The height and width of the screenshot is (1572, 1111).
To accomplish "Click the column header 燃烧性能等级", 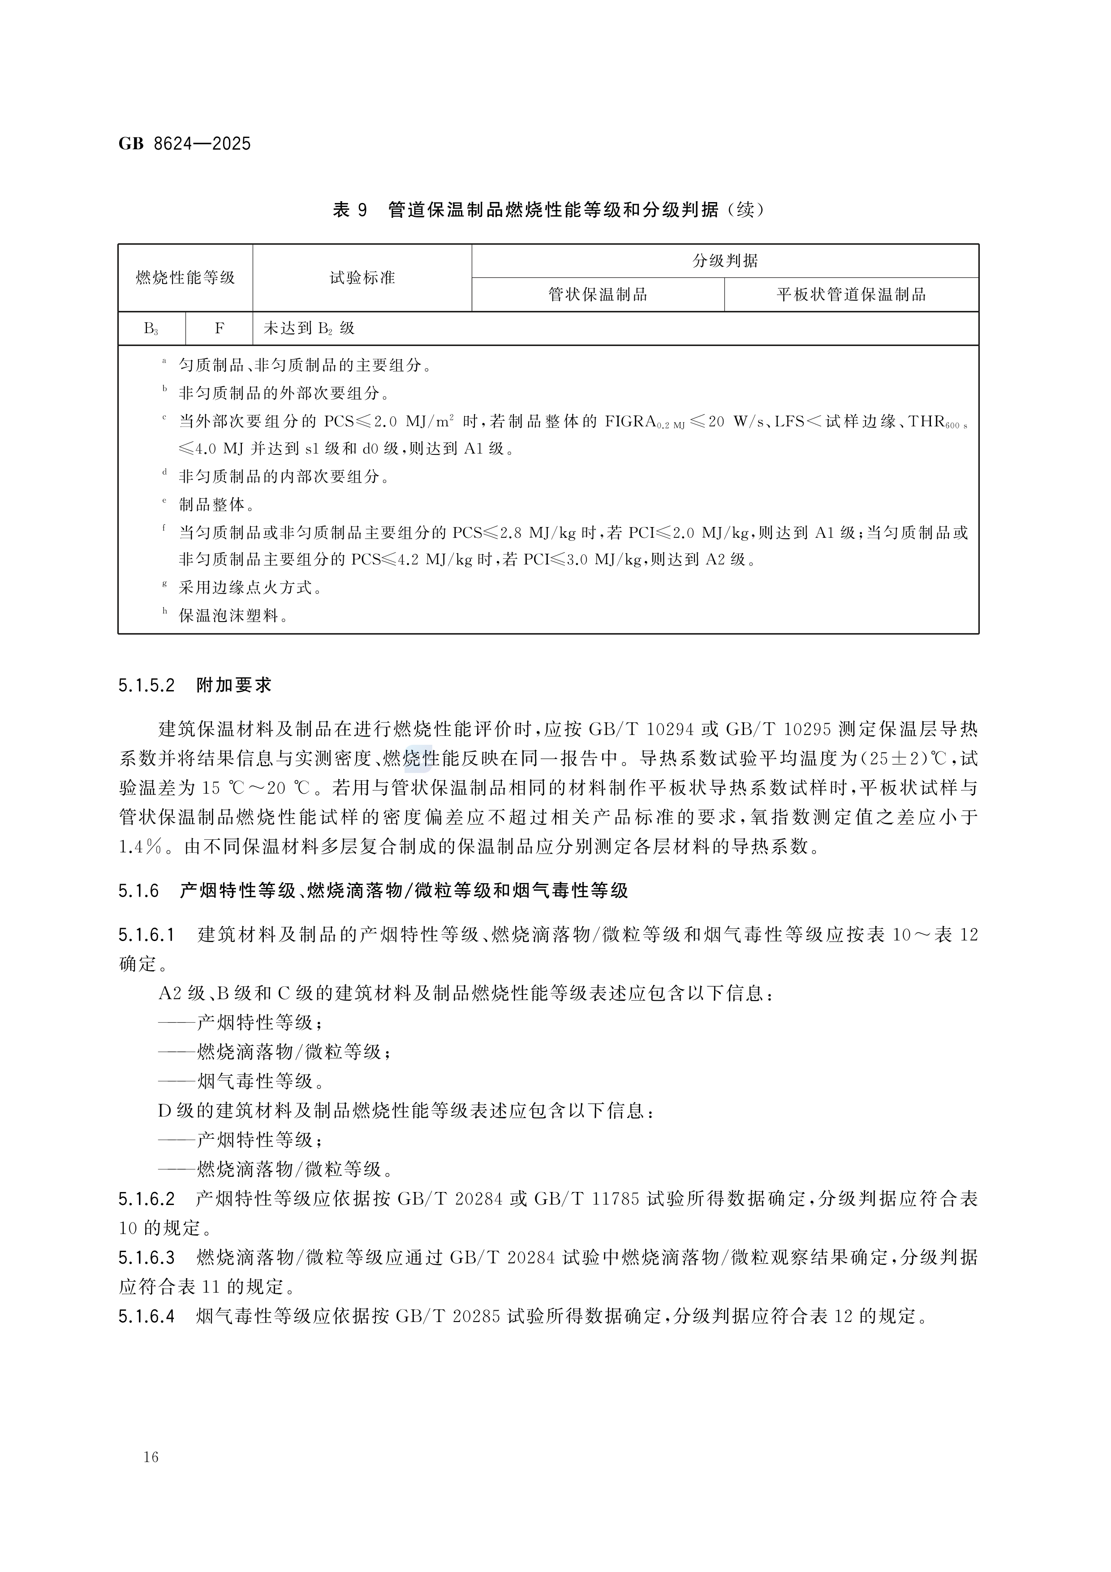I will click(x=185, y=278).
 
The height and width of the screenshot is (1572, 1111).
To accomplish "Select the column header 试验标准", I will click(x=362, y=278).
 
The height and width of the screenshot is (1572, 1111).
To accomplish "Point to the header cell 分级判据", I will click(x=725, y=261).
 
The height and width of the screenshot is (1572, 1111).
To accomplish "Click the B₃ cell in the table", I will click(x=151, y=328).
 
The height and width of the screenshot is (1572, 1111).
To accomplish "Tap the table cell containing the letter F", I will click(x=219, y=328).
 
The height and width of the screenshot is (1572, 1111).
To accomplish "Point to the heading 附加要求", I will click(x=234, y=685).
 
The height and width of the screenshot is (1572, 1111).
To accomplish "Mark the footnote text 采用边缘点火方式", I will click(x=250, y=587).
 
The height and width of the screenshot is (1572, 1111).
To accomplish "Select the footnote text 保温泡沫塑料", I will click(x=233, y=616).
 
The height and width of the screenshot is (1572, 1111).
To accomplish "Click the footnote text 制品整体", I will click(x=216, y=505).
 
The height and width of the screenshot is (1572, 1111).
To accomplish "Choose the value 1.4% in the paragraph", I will click(x=141, y=847).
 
